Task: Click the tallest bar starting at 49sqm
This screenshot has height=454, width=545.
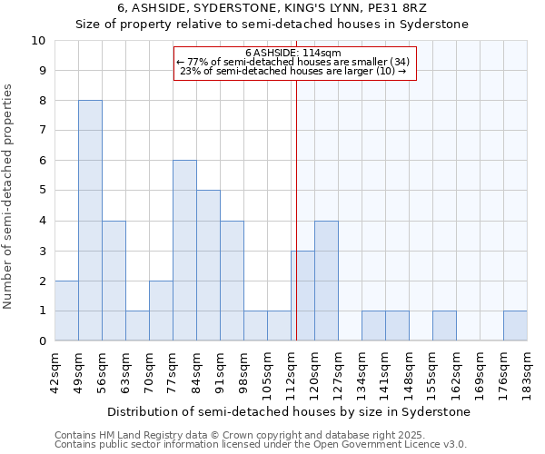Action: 90,221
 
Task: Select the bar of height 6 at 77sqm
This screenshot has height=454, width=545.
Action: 184,251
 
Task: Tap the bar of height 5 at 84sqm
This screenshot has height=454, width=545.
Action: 208,265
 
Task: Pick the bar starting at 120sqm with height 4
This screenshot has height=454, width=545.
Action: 326,281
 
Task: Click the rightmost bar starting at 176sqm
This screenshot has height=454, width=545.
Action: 515,326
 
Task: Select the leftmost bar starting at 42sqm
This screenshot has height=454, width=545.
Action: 66,311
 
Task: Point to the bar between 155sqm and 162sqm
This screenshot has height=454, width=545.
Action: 444,326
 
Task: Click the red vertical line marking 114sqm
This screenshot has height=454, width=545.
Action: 296,209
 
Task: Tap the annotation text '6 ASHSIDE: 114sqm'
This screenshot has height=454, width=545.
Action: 292,53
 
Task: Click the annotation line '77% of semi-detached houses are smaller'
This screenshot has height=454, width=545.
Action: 292,62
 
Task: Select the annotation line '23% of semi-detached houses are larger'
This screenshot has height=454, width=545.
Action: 292,71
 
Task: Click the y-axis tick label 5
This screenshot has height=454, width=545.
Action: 42,191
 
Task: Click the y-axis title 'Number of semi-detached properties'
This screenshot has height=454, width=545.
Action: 9,195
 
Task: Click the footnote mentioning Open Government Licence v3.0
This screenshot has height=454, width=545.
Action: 261,445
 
